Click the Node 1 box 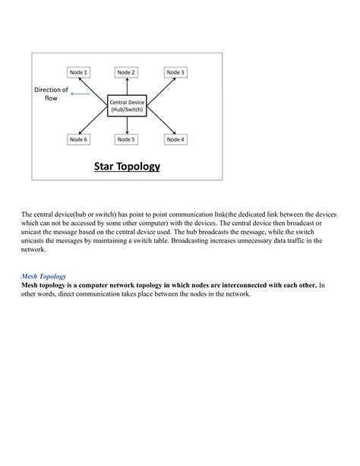tap(79, 72)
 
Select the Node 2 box tap(126, 72)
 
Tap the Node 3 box tap(175, 72)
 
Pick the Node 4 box tap(175, 139)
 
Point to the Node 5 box tap(126, 139)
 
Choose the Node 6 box tap(79, 139)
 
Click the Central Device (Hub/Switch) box tap(126, 106)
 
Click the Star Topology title tap(127, 166)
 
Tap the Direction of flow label tap(51, 94)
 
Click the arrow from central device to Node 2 tap(126, 87)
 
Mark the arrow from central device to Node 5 tap(126, 125)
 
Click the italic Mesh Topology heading tap(43, 276)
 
